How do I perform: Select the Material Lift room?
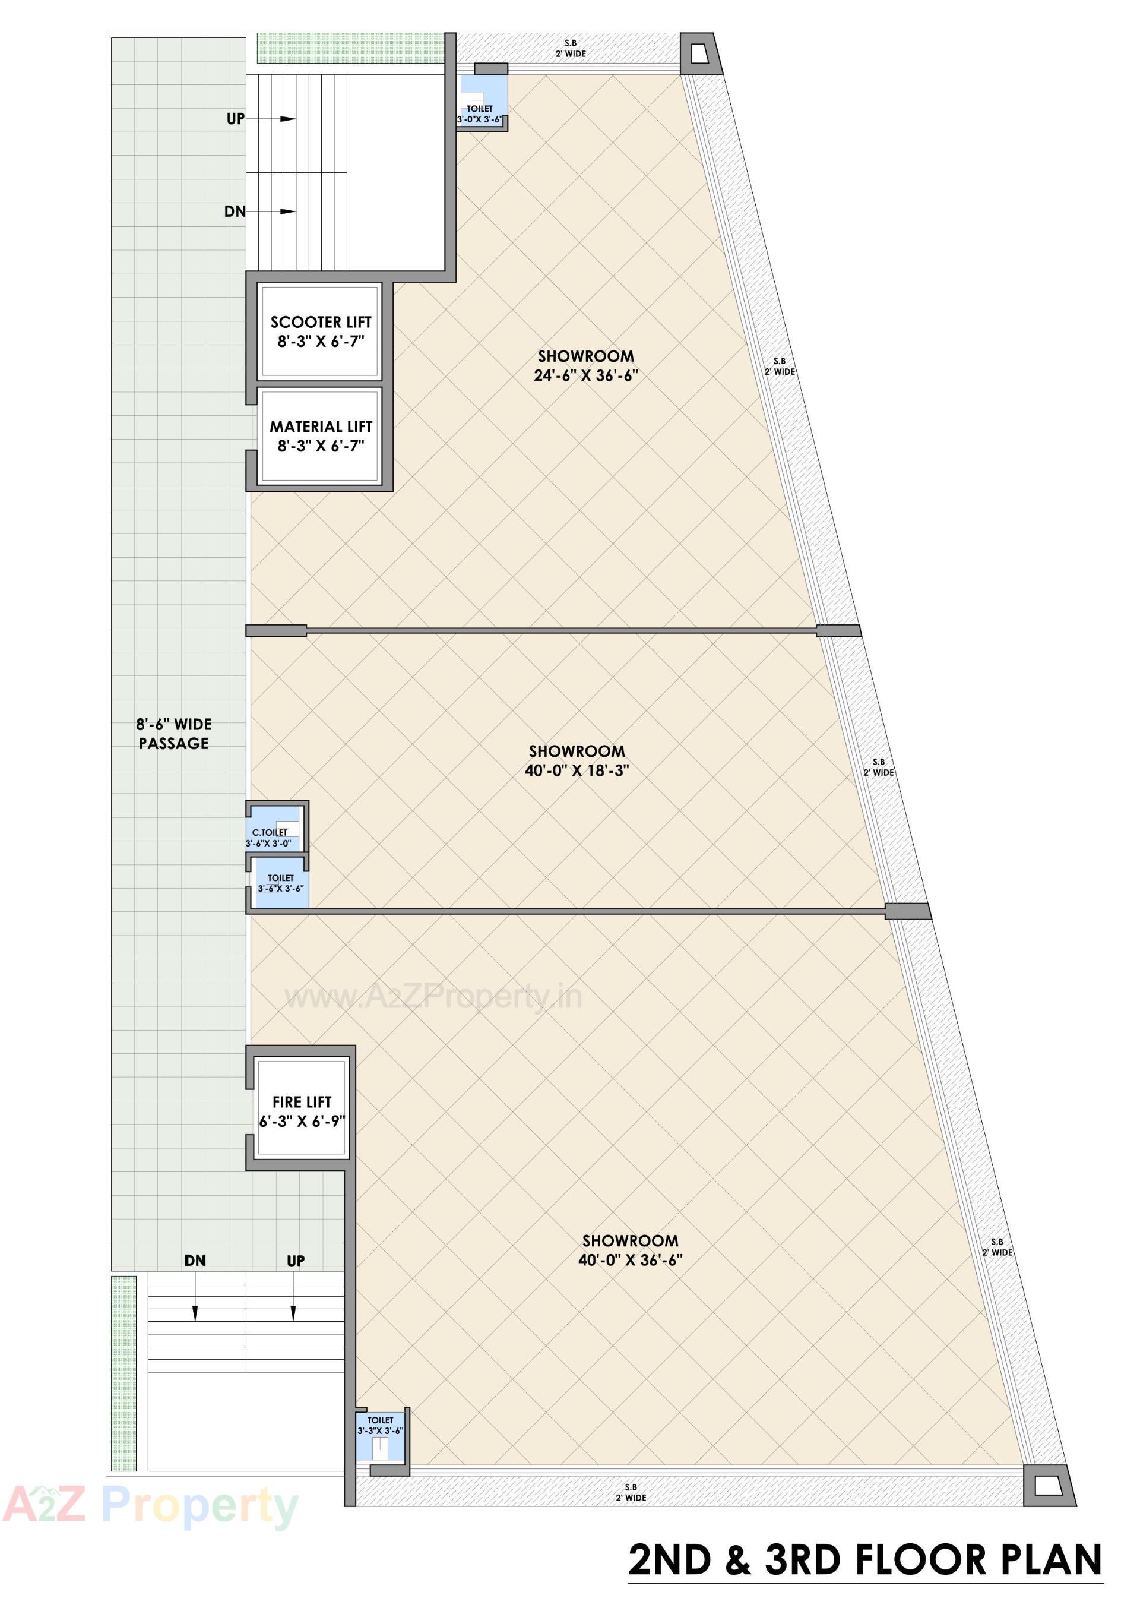click(x=320, y=436)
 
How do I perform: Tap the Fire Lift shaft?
click(x=302, y=1111)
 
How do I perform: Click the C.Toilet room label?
click(x=270, y=833)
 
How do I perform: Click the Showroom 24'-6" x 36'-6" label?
click(x=585, y=365)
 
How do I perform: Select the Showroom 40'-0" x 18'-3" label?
click(x=577, y=760)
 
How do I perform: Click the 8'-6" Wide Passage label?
click(x=173, y=734)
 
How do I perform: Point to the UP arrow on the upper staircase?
click(x=287, y=119)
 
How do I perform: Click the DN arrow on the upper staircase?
click(x=287, y=211)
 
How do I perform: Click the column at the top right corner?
click(x=701, y=53)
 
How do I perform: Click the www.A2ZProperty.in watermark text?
click(x=433, y=997)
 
